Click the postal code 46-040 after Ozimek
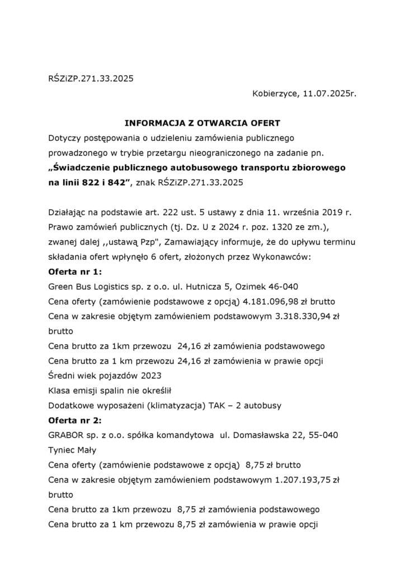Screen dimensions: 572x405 (285, 287)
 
